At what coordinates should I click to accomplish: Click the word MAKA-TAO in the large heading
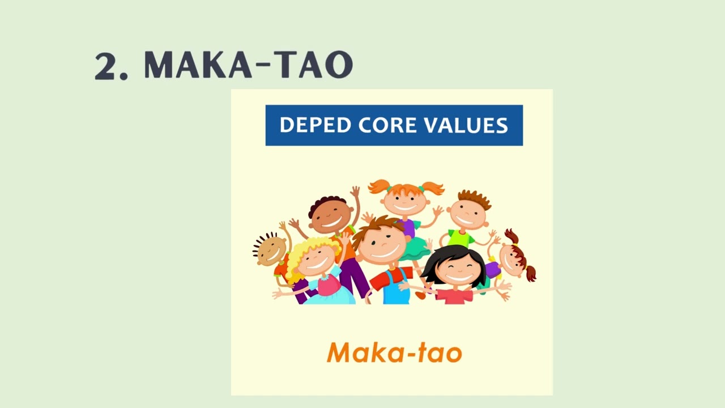click(248, 65)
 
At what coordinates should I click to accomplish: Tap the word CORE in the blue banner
click(387, 125)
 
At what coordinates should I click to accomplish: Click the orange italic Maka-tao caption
click(394, 352)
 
